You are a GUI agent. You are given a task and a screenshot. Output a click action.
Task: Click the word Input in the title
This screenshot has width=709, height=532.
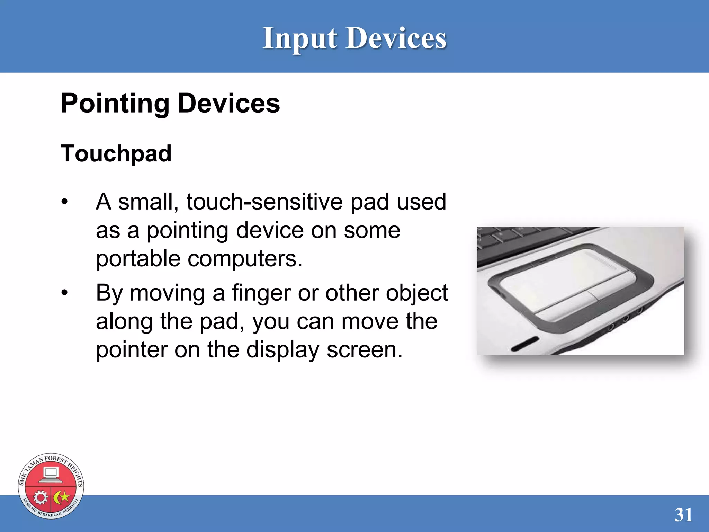pyautogui.click(x=299, y=38)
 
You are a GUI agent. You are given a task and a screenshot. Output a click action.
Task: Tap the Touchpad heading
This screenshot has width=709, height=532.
pyautogui.click(x=116, y=153)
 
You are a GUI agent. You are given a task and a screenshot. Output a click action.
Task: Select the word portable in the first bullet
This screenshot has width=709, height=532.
pyautogui.click(x=138, y=259)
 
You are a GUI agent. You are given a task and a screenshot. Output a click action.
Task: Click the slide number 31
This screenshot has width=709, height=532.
pyautogui.click(x=683, y=515)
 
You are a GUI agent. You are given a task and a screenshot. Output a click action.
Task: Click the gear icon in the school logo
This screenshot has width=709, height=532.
pyautogui.click(x=41, y=498)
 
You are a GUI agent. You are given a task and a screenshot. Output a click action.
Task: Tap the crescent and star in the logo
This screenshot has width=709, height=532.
pyautogui.click(x=62, y=498)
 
